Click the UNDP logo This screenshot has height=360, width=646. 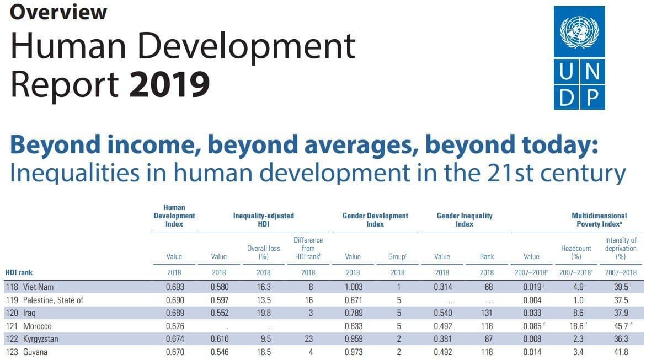tap(579, 57)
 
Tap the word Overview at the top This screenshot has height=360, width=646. tap(58, 12)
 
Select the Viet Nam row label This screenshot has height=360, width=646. tap(38, 287)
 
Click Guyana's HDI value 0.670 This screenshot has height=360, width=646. tap(174, 352)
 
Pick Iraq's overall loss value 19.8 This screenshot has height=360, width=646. tap(263, 313)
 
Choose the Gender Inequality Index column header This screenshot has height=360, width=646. tap(465, 220)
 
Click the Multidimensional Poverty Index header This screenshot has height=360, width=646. tap(599, 220)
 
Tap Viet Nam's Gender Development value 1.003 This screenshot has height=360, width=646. tap(353, 287)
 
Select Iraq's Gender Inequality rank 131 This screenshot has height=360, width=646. tap(487, 313)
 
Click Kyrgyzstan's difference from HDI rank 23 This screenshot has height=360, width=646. tap(308, 338)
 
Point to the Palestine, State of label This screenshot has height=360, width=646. tap(53, 300)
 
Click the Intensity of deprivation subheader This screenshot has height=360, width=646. tap(621, 248)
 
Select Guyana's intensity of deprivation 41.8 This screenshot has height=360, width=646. tap(621, 352)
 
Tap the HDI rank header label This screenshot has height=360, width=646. tap(18, 272)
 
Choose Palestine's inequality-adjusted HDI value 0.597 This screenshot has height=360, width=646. tap(219, 300)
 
